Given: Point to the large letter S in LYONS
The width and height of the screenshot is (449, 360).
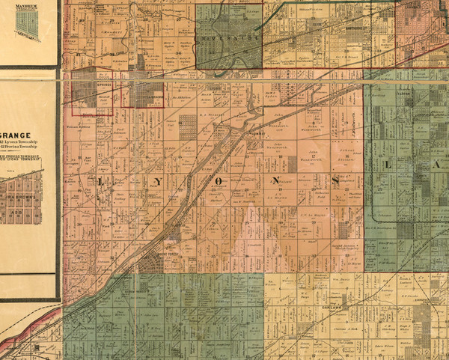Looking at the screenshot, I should click(336, 180).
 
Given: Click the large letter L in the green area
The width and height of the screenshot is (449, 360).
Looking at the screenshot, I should click(388, 163).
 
